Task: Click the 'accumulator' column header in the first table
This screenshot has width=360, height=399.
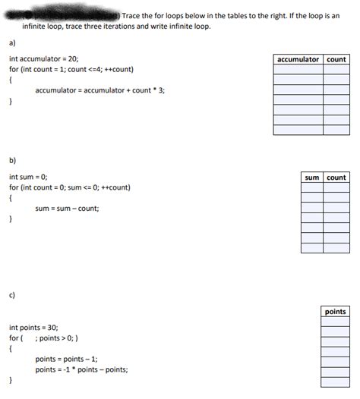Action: pos(298,59)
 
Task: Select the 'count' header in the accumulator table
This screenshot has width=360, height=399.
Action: pos(336,59)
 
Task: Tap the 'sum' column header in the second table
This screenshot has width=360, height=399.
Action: pos(311,178)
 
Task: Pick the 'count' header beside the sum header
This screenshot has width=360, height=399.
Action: pos(336,178)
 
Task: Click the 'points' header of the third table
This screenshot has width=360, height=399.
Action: pos(335,311)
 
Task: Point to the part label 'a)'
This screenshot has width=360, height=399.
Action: pos(13,43)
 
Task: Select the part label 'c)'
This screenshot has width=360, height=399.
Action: pos(13,294)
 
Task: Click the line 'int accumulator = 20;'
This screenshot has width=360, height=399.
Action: pos(43,58)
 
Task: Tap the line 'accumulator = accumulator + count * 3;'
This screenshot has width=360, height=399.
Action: pos(99,90)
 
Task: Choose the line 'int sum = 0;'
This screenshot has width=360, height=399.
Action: pos(28,176)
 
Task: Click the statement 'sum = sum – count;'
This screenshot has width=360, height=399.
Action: pos(67,209)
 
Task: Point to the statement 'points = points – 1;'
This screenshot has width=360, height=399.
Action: pos(66,359)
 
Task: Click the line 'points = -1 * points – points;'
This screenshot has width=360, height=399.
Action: pos(81,369)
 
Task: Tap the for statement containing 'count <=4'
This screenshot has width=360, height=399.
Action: pos(71,69)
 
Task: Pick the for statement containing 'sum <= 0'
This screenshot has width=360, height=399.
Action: pos(69,187)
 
